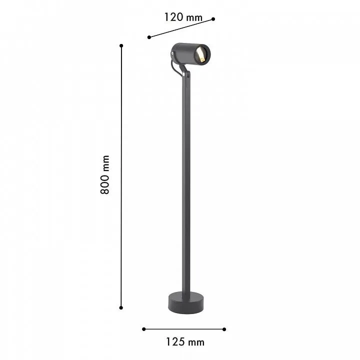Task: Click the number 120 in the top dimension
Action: click(174, 17)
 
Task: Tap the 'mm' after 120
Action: click(194, 18)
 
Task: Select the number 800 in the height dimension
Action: click(105, 184)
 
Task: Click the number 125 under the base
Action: click(175, 342)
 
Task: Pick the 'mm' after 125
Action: click(196, 342)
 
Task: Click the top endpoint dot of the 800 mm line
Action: click(121, 45)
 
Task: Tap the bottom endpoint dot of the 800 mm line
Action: click(121, 307)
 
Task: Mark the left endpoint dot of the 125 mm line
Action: click(143, 329)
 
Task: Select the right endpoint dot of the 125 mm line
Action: click(224, 329)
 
